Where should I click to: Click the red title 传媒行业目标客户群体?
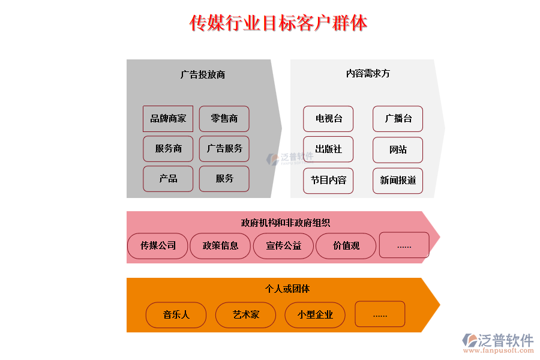(278, 23)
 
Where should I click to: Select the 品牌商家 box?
(168, 119)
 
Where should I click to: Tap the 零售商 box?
(224, 119)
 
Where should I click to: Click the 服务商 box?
(168, 148)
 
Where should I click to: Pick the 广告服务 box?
(224, 148)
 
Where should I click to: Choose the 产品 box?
(168, 179)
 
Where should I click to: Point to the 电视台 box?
(328, 119)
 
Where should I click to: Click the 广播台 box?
(398, 119)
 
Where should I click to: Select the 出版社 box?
(328, 149)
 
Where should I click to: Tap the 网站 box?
(398, 149)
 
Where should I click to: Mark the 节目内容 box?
(328, 181)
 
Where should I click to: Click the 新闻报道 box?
(398, 181)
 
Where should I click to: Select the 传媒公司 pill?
(158, 246)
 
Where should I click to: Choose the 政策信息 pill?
(220, 246)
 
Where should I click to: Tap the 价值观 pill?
(346, 246)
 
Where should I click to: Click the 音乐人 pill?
(176, 315)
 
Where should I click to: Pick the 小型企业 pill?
(315, 315)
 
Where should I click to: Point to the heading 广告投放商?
(203, 75)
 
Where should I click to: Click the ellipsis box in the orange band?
(380, 314)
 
